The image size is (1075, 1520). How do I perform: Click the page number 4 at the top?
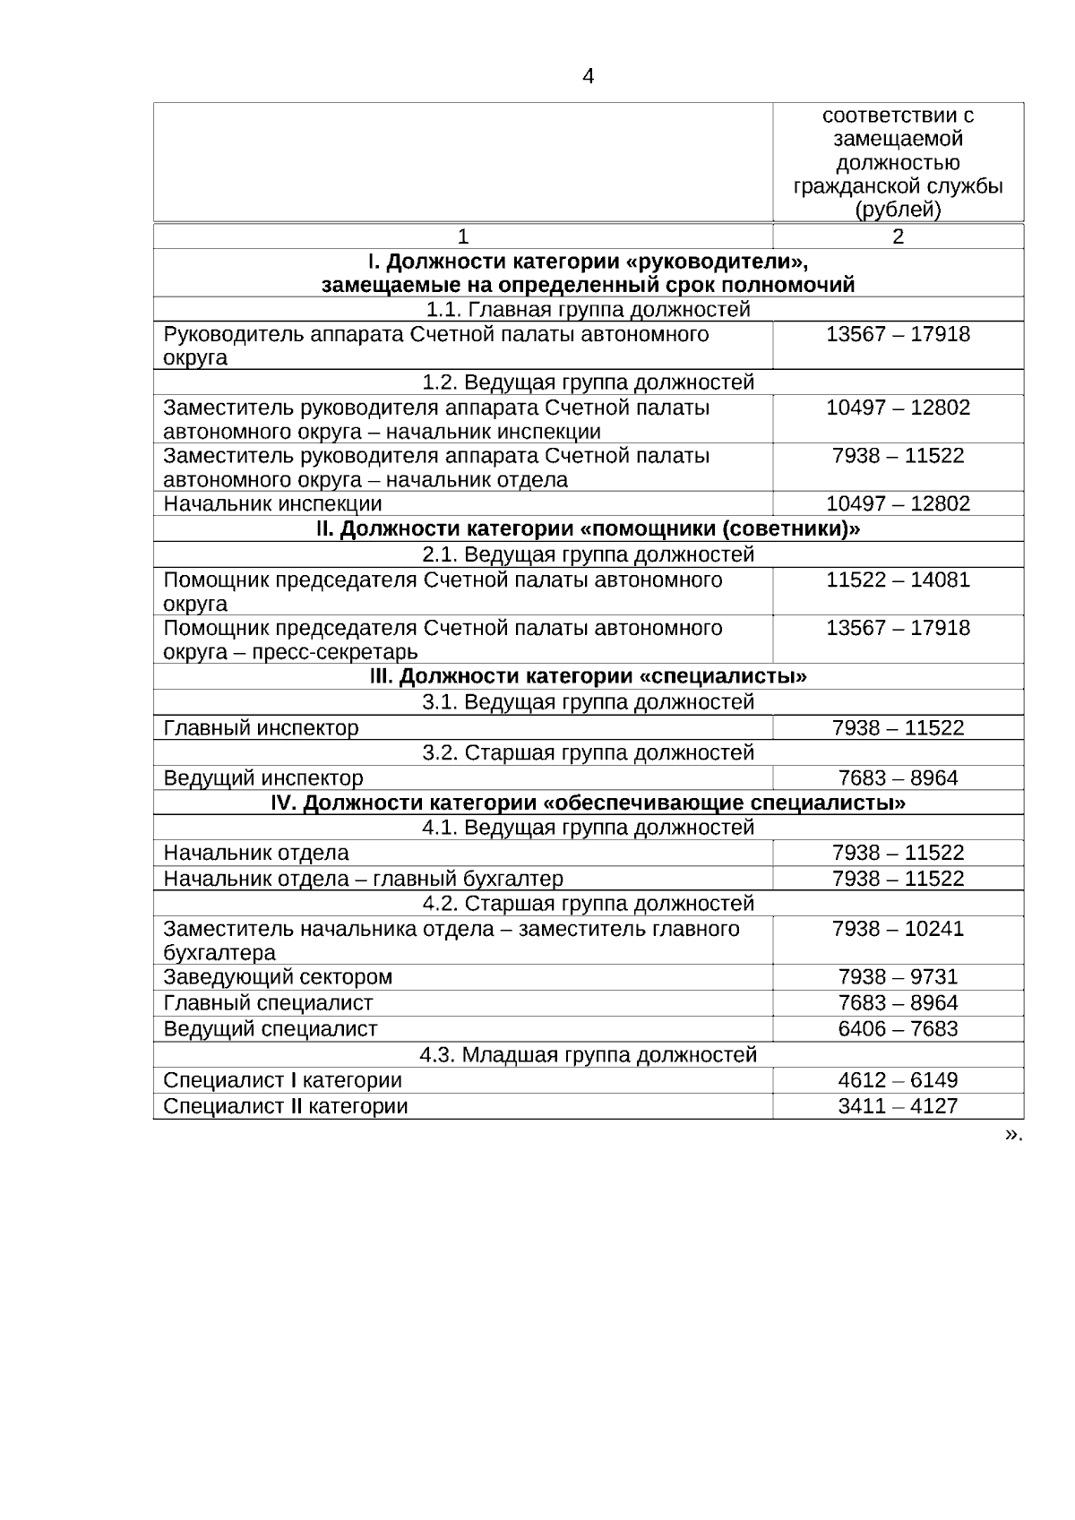click(588, 77)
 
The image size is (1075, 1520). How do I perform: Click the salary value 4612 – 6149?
click(898, 1080)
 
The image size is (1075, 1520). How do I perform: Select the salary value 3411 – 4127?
click(898, 1106)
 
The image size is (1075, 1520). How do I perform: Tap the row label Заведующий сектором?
click(278, 976)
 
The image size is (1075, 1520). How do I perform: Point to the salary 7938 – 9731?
click(898, 976)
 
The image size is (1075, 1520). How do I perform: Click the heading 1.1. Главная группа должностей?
click(588, 310)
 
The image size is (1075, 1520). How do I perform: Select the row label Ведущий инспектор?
click(263, 777)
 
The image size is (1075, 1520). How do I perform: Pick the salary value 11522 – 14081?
click(898, 580)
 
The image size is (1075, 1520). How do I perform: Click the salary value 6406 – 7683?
click(898, 1028)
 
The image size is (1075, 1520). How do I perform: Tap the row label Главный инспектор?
click(261, 728)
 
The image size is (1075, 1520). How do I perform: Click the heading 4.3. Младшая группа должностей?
click(588, 1054)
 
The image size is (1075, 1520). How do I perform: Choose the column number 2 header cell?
click(898, 236)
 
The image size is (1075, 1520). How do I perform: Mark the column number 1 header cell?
click(463, 236)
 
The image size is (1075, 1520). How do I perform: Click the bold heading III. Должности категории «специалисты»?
click(588, 675)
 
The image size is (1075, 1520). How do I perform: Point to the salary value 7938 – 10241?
click(898, 929)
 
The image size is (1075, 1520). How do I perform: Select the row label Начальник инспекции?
click(272, 503)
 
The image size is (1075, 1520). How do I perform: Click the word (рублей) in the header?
click(898, 210)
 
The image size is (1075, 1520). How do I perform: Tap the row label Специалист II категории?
click(285, 1106)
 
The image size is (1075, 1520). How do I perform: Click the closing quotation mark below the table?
click(1012, 1134)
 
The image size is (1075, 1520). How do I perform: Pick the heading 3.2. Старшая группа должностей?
click(588, 752)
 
